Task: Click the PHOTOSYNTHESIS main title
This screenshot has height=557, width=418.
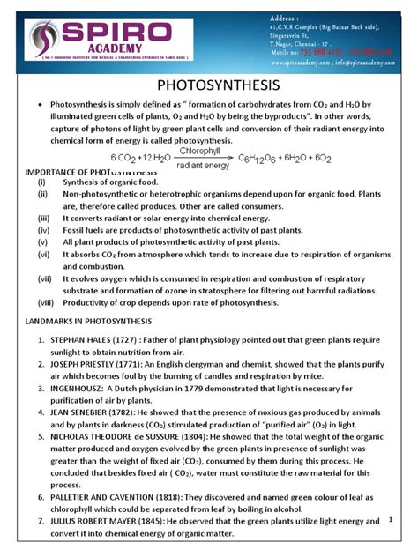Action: pyautogui.click(x=209, y=85)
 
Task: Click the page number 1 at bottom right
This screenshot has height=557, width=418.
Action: pyautogui.click(x=389, y=521)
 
